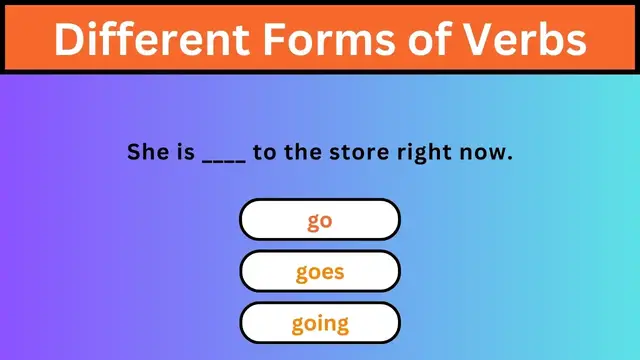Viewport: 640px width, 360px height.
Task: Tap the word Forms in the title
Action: click(x=326, y=39)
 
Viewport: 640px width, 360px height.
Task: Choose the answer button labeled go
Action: click(x=320, y=220)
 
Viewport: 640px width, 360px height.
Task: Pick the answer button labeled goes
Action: click(x=320, y=271)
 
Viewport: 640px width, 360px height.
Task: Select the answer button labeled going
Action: click(x=320, y=323)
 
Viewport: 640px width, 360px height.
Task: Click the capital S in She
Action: click(x=134, y=153)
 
